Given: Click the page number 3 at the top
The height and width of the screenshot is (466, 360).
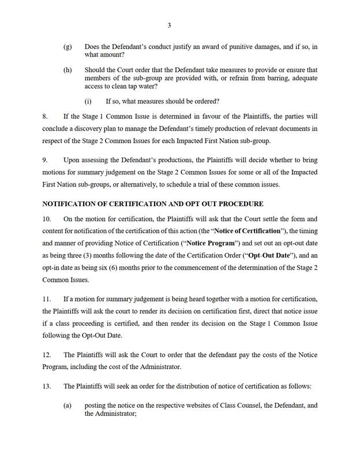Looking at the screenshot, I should pyautogui.click(x=169, y=25).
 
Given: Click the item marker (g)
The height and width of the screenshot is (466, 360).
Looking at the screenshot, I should pyautogui.click(x=67, y=46).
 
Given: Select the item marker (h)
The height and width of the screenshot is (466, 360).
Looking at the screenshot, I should pyautogui.click(x=67, y=70).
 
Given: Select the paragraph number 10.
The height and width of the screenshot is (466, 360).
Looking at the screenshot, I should pyautogui.click(x=47, y=219).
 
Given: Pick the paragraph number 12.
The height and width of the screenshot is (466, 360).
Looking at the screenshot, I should pyautogui.click(x=47, y=354).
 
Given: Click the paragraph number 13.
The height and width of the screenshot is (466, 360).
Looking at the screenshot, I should pyautogui.click(x=47, y=386).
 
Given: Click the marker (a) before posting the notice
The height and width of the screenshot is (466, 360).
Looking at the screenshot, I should pyautogui.click(x=67, y=405).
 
